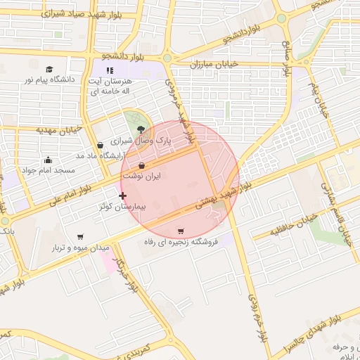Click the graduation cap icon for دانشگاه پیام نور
[x=49, y=68]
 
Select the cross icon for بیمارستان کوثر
[x=123, y=195]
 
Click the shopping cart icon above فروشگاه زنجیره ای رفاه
[x=181, y=231]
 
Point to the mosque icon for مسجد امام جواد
[x=47, y=160]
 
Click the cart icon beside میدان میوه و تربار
[x=81, y=237]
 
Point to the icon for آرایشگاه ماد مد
[x=101, y=145]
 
